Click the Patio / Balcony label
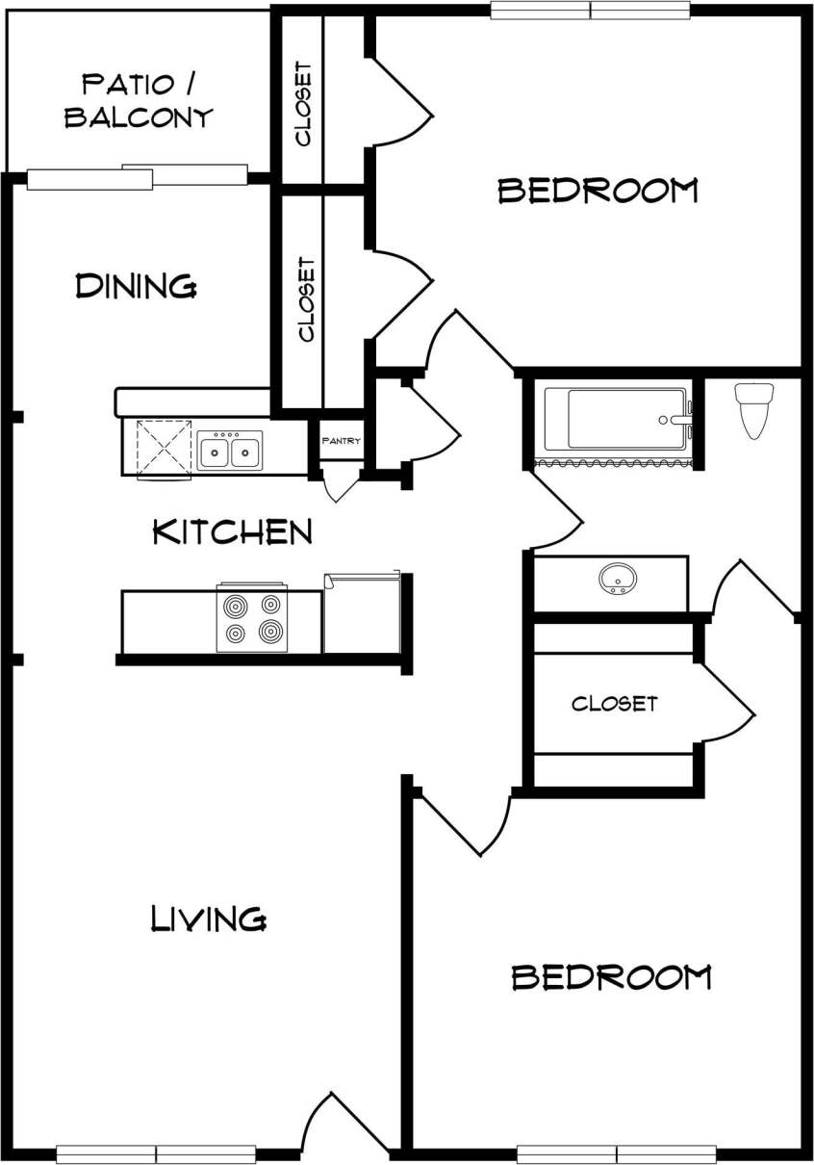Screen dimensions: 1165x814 (x=138, y=100)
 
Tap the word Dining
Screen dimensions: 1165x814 (x=136, y=285)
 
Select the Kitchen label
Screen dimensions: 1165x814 (x=233, y=531)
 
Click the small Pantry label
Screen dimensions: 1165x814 (x=342, y=442)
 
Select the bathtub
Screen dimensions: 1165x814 (x=616, y=419)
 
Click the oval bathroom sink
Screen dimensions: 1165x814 (x=617, y=579)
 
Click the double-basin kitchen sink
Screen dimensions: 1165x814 (x=230, y=450)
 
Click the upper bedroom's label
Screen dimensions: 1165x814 (x=597, y=190)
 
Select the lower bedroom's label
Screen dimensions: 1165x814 (x=611, y=977)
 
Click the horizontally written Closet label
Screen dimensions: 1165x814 (x=614, y=704)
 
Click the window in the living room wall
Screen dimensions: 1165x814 (x=156, y=1153)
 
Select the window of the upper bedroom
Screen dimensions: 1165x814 (x=590, y=11)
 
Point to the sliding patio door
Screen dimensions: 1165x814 (x=138, y=176)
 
